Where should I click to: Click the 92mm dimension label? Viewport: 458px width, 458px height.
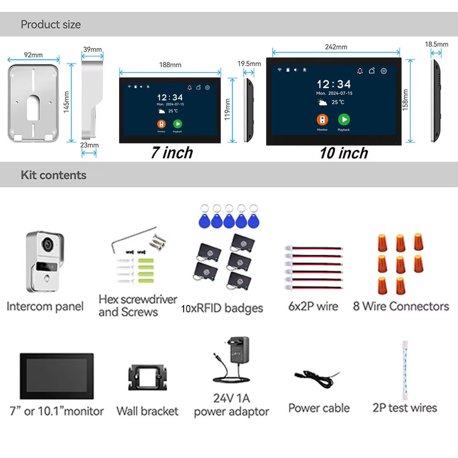pyautogui.click(x=33, y=55)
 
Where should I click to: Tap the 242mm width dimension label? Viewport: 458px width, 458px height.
pyautogui.click(x=336, y=47)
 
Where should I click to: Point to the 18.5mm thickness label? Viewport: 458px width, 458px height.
pyautogui.click(x=436, y=44)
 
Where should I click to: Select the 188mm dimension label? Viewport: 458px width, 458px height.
pyautogui.click(x=170, y=65)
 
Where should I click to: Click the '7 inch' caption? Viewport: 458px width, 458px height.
pyautogui.click(x=172, y=153)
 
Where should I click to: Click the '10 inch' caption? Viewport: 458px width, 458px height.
pyautogui.click(x=343, y=153)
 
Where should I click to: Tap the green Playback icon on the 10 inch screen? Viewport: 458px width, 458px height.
pyautogui.click(x=344, y=120)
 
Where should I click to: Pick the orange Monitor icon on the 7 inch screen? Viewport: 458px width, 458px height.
pyautogui.click(x=161, y=124)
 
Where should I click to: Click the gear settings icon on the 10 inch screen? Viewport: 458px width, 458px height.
pyautogui.click(x=384, y=71)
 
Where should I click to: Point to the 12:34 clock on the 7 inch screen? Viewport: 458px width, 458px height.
pyautogui.click(x=170, y=97)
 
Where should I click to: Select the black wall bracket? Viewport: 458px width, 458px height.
pyautogui.click(x=147, y=377)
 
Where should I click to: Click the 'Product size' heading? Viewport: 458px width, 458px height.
pyautogui.click(x=50, y=24)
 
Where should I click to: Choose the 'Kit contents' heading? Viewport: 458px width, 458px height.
pyautogui.click(x=54, y=175)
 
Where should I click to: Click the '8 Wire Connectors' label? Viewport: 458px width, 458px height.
pyautogui.click(x=401, y=306)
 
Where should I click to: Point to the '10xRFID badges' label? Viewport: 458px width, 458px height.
pyautogui.click(x=222, y=308)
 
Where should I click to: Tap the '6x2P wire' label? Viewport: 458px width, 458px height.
pyautogui.click(x=313, y=306)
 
